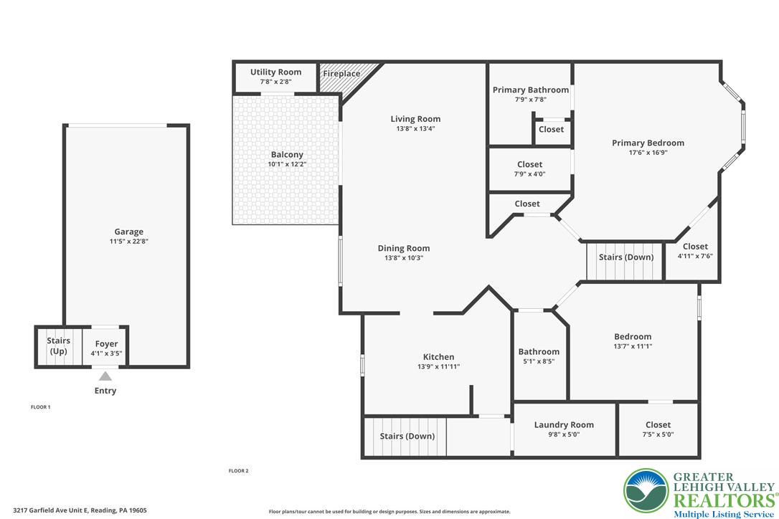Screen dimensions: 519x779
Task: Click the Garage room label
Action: (x=128, y=232)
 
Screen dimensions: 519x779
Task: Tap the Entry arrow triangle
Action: (x=105, y=376)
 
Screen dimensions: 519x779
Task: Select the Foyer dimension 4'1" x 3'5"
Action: (x=106, y=353)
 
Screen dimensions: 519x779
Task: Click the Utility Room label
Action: (x=275, y=72)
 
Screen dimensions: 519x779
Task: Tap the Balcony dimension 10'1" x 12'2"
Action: (x=287, y=164)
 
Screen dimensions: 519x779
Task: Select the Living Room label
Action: (x=415, y=119)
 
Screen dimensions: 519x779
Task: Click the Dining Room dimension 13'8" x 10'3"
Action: (x=404, y=258)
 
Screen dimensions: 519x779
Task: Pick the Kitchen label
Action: (x=438, y=357)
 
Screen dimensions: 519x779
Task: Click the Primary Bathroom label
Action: (x=530, y=90)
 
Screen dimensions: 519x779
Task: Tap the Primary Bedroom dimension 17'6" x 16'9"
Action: (x=648, y=152)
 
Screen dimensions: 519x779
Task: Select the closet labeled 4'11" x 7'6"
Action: (x=694, y=252)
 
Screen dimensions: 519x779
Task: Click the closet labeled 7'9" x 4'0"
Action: (x=529, y=169)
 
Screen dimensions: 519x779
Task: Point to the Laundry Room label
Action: (x=564, y=424)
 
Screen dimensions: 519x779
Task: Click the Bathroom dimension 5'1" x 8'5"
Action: (x=539, y=361)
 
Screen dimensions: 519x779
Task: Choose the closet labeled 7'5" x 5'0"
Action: (x=658, y=429)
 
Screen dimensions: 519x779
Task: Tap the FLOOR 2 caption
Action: (x=238, y=471)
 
